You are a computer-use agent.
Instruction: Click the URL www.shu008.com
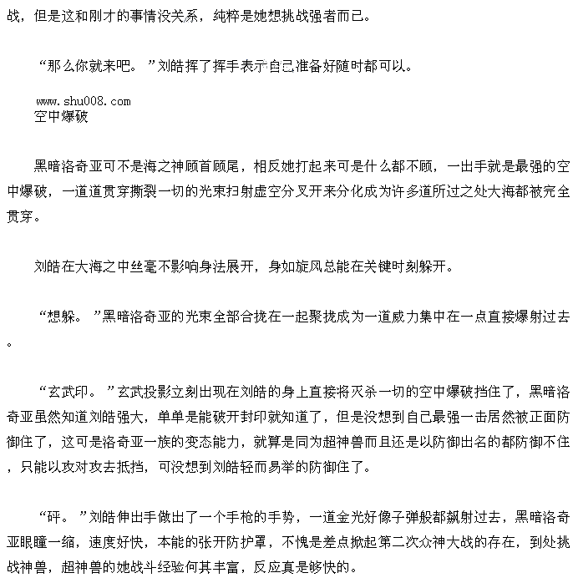pos(83,102)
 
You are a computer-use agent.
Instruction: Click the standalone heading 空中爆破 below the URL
pos(61,117)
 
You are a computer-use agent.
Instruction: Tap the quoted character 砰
pos(58,515)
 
